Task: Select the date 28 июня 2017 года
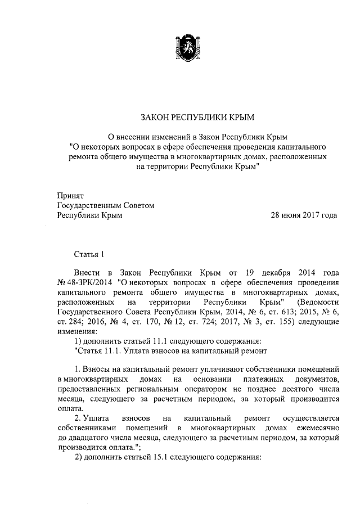click(304, 215)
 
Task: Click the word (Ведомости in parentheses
click(317, 302)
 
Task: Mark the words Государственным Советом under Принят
click(106, 205)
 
